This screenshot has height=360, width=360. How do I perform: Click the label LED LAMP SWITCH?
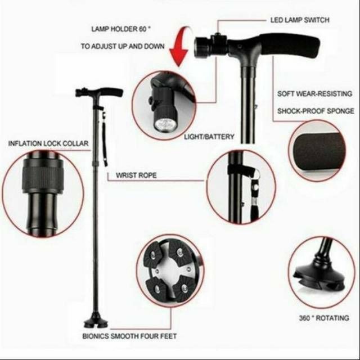pyautogui.click(x=300, y=20)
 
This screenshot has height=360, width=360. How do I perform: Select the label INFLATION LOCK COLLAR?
pyautogui.click(x=48, y=143)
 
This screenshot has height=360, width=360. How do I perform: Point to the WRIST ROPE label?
pyautogui.click(x=136, y=175)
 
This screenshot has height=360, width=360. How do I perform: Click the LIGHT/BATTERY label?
pyautogui.click(x=209, y=137)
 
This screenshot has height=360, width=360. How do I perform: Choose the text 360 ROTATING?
pyautogui.click(x=324, y=318)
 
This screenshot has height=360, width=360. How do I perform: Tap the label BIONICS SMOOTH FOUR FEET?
pyautogui.click(x=129, y=336)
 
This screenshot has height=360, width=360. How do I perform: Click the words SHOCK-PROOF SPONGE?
pyautogui.click(x=316, y=111)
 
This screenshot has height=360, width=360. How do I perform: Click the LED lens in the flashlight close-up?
pyautogui.click(x=163, y=124)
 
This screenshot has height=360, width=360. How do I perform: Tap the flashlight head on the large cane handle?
pyautogui.click(x=202, y=47)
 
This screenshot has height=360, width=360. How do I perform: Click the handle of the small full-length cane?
pyautogui.click(x=99, y=92)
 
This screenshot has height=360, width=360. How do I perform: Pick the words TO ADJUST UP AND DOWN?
pyautogui.click(x=123, y=46)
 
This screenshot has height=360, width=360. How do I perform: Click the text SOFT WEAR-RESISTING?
pyautogui.click(x=314, y=94)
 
